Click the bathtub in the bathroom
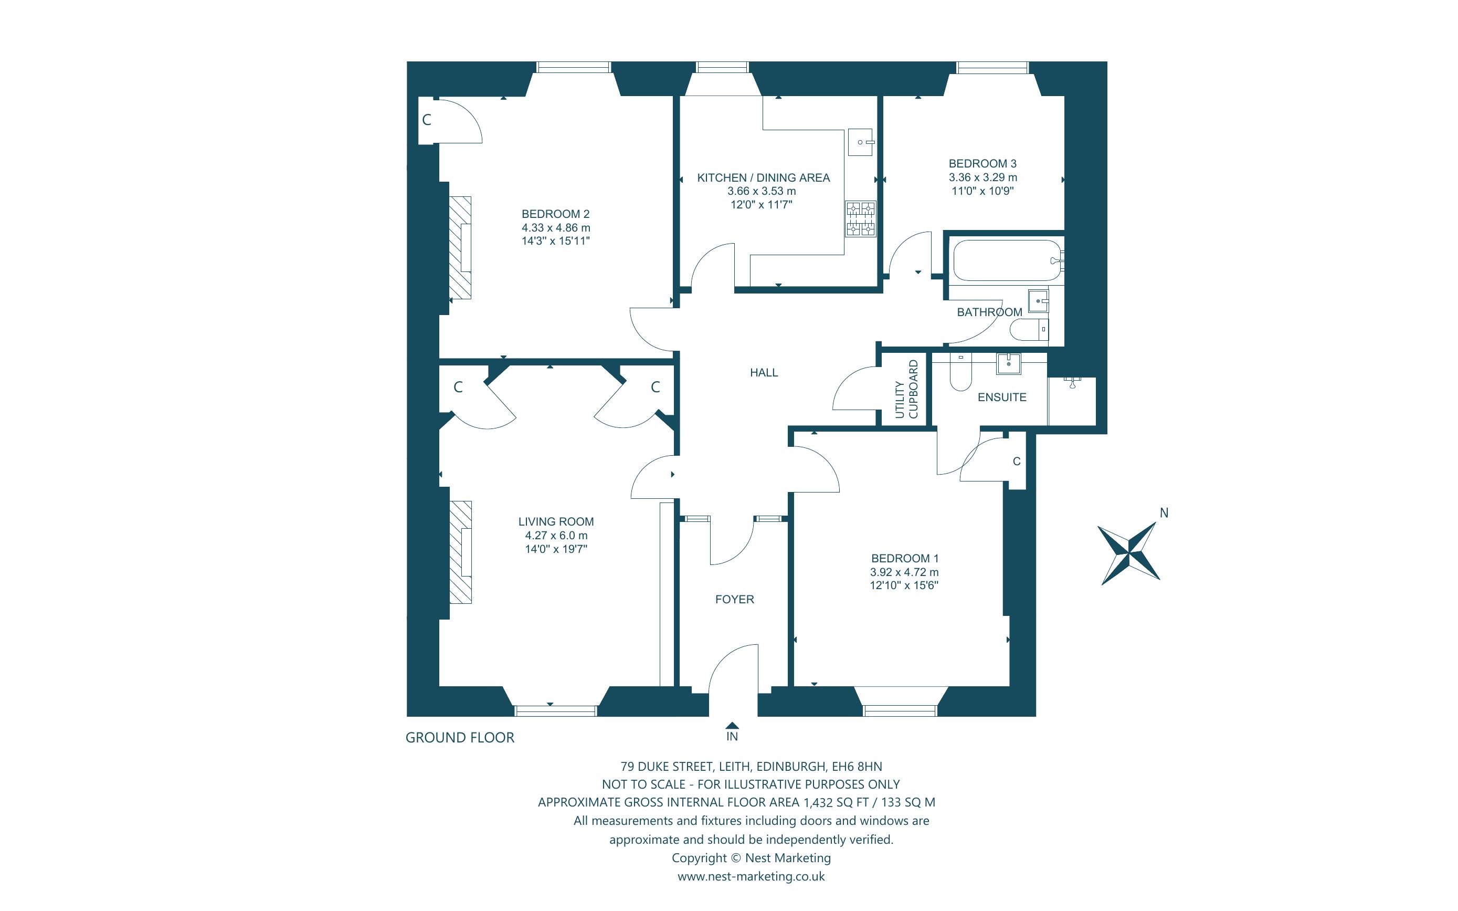click(x=1007, y=260)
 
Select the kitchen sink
click(x=861, y=142)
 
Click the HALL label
click(x=764, y=373)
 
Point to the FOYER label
click(x=734, y=600)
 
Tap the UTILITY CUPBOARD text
click(x=906, y=389)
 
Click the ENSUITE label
click(x=1001, y=397)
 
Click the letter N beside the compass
click(x=1164, y=513)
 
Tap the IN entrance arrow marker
click(x=732, y=726)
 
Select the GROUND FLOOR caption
click(x=460, y=738)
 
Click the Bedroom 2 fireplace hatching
click(x=460, y=248)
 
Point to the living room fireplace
click(x=461, y=552)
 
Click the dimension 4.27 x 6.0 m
click(x=556, y=536)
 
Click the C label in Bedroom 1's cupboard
click(x=1017, y=462)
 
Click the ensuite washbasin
click(x=1008, y=363)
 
